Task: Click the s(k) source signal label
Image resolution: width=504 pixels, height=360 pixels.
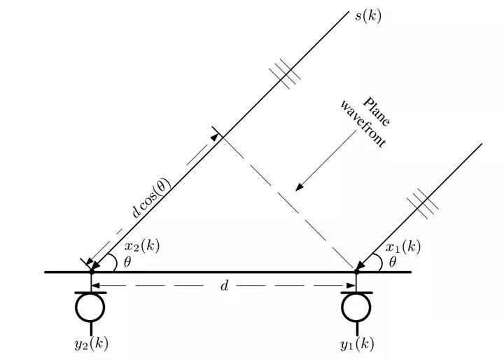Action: click(x=368, y=16)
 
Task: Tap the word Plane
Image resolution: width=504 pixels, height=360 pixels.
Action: click(x=377, y=111)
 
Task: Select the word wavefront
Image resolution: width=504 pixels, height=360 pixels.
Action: click(x=363, y=123)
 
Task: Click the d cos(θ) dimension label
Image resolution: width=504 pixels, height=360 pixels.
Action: click(x=151, y=197)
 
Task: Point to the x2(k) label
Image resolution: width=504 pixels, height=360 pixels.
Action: click(x=142, y=246)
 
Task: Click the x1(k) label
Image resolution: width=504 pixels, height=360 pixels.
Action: click(x=403, y=247)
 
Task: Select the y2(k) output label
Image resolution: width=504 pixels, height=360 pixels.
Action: click(x=91, y=344)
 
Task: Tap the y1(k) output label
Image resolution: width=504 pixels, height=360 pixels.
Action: click(x=357, y=344)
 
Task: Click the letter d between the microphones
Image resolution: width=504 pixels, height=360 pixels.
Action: click(x=225, y=285)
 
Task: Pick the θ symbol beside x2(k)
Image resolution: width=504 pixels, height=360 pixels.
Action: click(x=127, y=262)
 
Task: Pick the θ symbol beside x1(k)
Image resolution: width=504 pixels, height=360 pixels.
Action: click(x=393, y=262)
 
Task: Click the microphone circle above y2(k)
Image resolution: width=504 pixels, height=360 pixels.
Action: click(x=90, y=307)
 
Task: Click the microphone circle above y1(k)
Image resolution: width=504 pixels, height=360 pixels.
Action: click(x=356, y=307)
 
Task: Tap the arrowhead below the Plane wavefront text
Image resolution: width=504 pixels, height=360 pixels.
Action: click(x=300, y=186)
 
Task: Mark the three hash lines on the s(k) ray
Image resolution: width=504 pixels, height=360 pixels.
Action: click(x=285, y=74)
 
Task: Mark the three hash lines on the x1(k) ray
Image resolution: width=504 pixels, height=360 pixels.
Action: click(x=423, y=204)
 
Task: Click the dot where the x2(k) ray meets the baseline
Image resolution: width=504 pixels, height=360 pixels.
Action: click(x=92, y=272)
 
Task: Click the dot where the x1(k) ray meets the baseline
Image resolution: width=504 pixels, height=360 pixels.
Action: click(x=356, y=272)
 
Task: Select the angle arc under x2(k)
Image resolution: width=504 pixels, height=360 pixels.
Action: click(x=114, y=261)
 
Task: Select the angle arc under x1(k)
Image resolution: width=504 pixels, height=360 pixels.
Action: click(x=379, y=261)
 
